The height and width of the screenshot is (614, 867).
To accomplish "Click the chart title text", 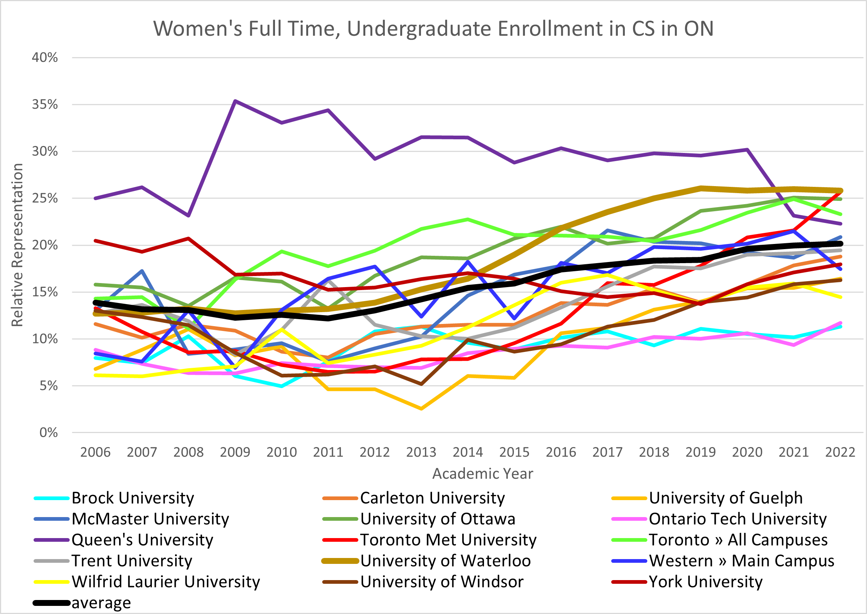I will pyautogui.click(x=433, y=29).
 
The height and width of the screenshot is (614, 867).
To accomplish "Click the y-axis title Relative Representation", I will pyautogui.click(x=17, y=245).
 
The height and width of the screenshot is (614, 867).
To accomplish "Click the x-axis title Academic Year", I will pyautogui.click(x=483, y=473).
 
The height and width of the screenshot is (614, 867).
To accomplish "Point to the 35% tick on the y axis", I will pyautogui.click(x=45, y=104).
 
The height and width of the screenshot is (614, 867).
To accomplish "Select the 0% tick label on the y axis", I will pyautogui.click(x=48, y=433).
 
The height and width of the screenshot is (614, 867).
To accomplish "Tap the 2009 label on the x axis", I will pyautogui.click(x=235, y=452).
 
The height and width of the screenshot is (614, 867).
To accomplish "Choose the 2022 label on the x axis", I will pyautogui.click(x=840, y=452).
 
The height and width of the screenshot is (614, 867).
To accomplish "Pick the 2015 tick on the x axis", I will pyautogui.click(x=514, y=452).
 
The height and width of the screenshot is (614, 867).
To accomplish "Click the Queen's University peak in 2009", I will pyautogui.click(x=235, y=101).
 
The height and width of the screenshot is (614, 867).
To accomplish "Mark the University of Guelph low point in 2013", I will pyautogui.click(x=421, y=409).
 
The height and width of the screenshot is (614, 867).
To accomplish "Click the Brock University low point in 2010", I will pyautogui.click(x=282, y=386).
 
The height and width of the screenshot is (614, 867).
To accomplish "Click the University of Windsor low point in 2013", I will pyautogui.click(x=421, y=384).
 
